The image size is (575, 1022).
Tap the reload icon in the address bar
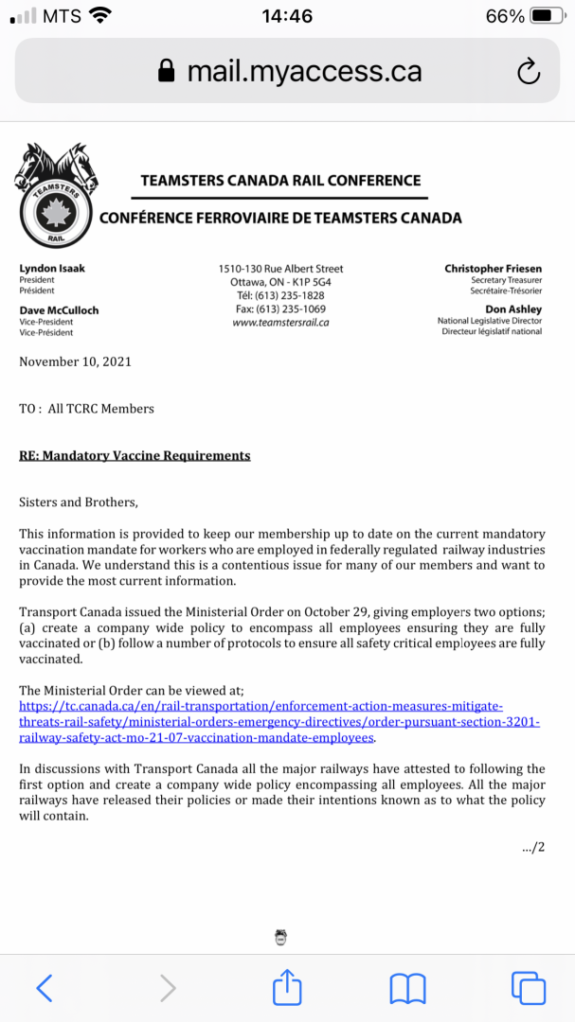529,70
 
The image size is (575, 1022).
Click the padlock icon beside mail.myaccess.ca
167,71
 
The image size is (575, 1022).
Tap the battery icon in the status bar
548,16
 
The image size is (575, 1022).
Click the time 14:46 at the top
286,16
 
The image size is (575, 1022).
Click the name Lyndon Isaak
52,269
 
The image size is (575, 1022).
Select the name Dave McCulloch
59,310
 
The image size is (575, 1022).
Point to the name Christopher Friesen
493,269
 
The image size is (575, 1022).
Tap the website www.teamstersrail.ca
280,323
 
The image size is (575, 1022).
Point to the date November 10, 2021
76,361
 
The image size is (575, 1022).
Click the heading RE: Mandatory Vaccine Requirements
135,455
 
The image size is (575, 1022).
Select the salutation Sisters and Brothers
79,502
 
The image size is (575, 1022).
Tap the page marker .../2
533,847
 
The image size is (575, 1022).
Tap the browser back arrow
45,988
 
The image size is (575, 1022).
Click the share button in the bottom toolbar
287,988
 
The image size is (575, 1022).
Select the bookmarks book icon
407,989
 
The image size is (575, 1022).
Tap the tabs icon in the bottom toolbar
528,988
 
